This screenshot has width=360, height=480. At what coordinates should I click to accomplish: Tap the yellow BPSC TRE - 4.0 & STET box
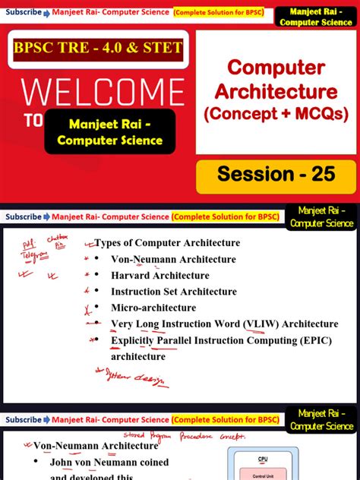98,48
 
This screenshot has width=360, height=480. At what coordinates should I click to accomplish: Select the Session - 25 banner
276,174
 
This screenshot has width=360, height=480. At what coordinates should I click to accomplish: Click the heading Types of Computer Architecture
167,243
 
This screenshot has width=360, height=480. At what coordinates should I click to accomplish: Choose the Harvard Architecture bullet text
159,275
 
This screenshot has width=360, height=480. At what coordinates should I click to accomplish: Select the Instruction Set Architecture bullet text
174,292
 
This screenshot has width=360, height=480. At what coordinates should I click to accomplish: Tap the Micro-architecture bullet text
153,308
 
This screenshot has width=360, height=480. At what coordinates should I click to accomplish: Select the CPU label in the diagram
263,459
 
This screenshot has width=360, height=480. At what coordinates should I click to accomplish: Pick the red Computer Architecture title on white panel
276,80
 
